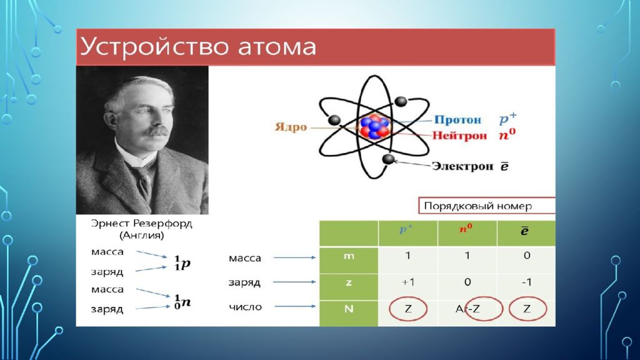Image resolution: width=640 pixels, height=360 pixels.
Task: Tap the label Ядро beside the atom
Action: click(291, 127)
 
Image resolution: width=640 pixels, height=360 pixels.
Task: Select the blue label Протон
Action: click(457, 119)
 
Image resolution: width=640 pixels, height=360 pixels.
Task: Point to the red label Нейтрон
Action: click(459, 135)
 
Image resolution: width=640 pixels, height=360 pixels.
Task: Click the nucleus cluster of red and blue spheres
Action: click(374, 127)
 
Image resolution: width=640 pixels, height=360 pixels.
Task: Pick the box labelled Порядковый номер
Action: click(486, 206)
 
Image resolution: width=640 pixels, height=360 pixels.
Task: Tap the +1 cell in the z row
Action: click(407, 282)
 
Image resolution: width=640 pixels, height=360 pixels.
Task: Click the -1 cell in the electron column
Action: click(526, 282)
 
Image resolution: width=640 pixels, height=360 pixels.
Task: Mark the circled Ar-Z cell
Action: click(467, 309)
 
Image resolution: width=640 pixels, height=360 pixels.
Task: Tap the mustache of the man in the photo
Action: click(157, 131)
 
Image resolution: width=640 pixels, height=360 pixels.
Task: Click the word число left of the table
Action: click(245, 307)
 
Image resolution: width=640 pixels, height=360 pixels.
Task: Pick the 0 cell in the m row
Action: click(527, 256)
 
